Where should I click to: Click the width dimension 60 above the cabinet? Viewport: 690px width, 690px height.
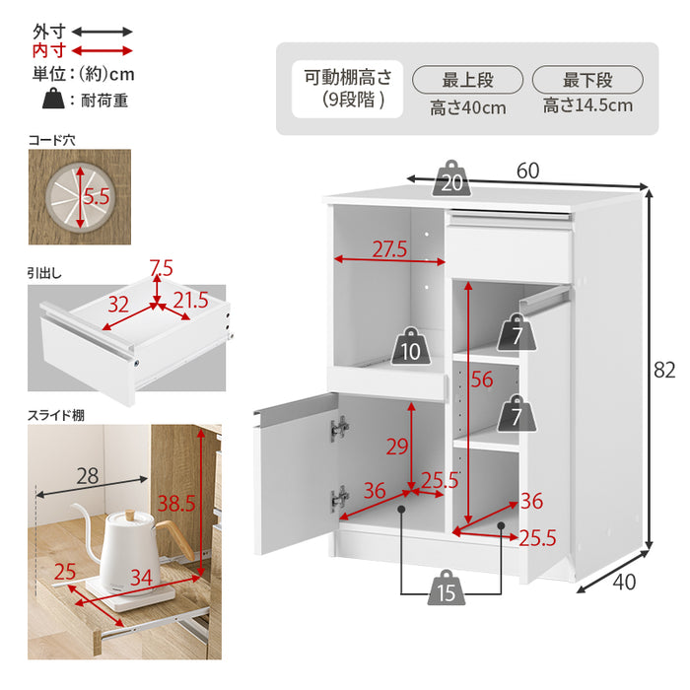tap(527, 171)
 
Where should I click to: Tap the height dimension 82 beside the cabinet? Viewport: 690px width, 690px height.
tap(664, 370)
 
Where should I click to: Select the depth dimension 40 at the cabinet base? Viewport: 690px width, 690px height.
tap(624, 583)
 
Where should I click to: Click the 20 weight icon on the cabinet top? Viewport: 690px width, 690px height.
tap(451, 178)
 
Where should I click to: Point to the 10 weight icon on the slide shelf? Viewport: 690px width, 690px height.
tap(411, 346)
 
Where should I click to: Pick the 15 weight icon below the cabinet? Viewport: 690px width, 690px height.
tap(447, 587)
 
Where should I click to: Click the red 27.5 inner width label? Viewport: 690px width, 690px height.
tap(390, 249)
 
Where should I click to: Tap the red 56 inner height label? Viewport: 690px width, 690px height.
tap(482, 379)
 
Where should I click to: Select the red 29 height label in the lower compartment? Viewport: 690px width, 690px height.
tap(397, 448)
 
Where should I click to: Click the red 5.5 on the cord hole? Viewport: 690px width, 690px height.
tap(97, 196)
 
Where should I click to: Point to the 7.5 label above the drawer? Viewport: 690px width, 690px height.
tap(161, 268)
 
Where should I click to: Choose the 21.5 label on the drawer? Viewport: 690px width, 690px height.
tap(190, 300)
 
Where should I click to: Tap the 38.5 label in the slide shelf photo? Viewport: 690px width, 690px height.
tap(176, 503)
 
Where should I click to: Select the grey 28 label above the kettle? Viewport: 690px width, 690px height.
tap(87, 476)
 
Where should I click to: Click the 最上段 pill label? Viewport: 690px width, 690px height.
tap(468, 80)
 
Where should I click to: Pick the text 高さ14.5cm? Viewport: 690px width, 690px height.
tap(587, 105)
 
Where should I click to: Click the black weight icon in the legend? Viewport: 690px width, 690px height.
tap(53, 99)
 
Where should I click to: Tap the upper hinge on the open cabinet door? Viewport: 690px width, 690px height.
tap(339, 428)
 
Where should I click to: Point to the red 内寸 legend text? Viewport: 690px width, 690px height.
tap(49, 51)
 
